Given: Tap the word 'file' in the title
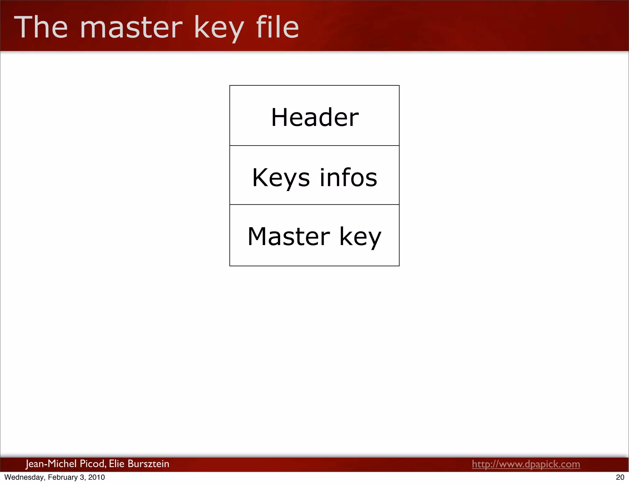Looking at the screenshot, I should click(x=277, y=28).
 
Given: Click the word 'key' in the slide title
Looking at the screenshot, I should click(x=219, y=29).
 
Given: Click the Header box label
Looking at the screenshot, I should click(x=315, y=117).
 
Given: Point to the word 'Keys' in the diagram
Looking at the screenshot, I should click(x=281, y=178).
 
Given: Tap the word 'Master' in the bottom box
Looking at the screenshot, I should click(x=289, y=236).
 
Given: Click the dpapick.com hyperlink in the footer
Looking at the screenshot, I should click(x=526, y=464).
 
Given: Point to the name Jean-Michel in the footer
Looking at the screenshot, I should click(x=51, y=464).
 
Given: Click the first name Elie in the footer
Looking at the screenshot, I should click(x=116, y=464).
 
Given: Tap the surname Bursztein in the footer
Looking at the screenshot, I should click(x=148, y=464).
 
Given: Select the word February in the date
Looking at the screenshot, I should click(x=63, y=477).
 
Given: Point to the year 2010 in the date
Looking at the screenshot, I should click(x=96, y=477).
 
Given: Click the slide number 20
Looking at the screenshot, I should click(x=620, y=477).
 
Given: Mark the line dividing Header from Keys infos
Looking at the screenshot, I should click(x=314, y=146).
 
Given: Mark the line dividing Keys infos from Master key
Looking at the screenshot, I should click(x=314, y=205).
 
